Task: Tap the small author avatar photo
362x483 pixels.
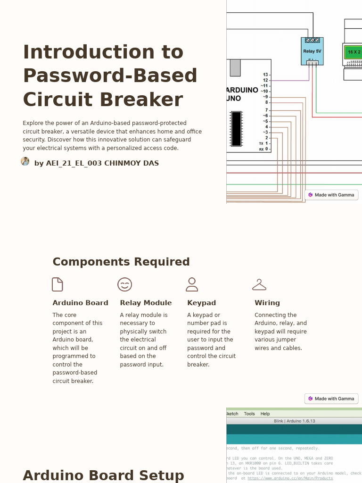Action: [x=25, y=161]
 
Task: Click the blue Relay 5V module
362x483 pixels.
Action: [x=312, y=51]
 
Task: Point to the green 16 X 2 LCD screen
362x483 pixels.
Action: [x=354, y=52]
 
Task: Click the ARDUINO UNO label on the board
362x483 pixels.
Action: [x=242, y=94]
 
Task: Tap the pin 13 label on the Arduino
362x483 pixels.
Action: [x=265, y=75]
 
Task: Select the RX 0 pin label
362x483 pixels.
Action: [x=264, y=149]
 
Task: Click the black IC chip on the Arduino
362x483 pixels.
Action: [x=236, y=128]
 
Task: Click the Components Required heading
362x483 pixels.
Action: [x=121, y=262]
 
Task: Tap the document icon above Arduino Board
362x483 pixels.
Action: [x=58, y=284]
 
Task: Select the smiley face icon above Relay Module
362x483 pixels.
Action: [x=124, y=284]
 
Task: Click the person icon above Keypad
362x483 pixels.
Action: [x=192, y=284]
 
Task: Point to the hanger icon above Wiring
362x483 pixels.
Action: [x=259, y=284]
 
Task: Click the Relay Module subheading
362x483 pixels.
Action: [x=146, y=303]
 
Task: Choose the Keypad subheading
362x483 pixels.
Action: [x=201, y=303]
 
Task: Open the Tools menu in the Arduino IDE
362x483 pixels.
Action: [x=249, y=414]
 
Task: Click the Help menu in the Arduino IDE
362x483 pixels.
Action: [x=265, y=414]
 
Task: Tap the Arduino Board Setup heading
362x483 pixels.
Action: [x=103, y=475]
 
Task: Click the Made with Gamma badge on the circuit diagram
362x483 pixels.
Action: [x=331, y=195]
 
